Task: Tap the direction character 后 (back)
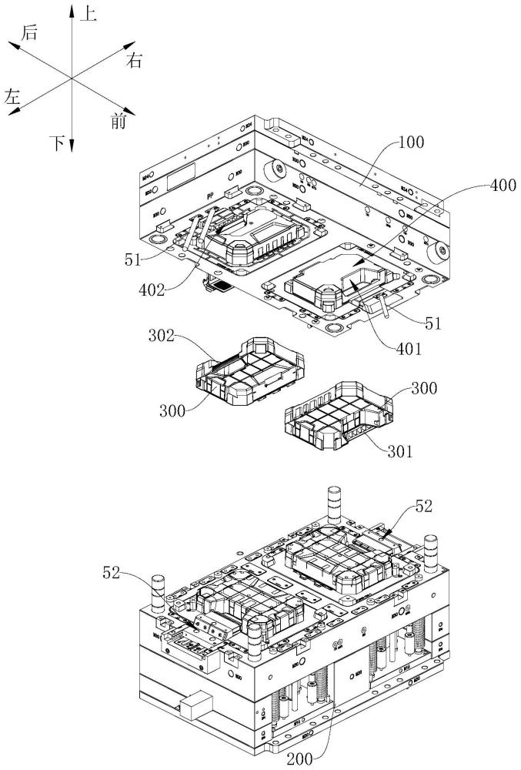pos(31,32)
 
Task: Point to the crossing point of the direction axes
pos(71,79)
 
